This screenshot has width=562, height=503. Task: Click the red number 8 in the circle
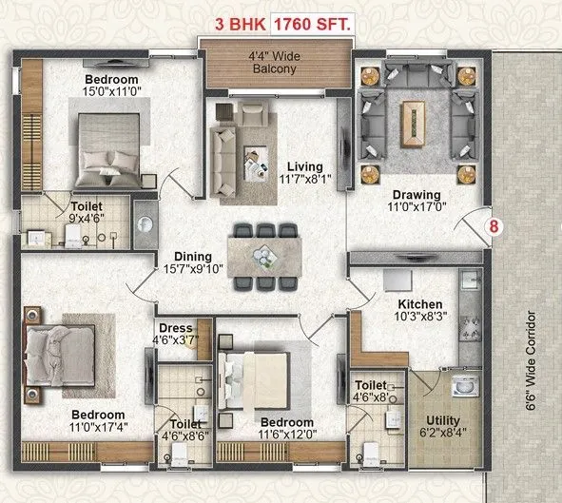pos(493,227)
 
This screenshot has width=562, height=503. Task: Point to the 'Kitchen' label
pos(420,304)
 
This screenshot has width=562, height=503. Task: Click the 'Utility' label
pos(442,420)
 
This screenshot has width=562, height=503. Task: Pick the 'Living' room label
pos(305,167)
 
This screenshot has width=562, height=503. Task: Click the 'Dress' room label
pos(175,329)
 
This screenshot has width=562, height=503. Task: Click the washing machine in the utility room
pos(465,387)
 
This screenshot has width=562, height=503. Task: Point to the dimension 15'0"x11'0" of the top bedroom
pos(111,92)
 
